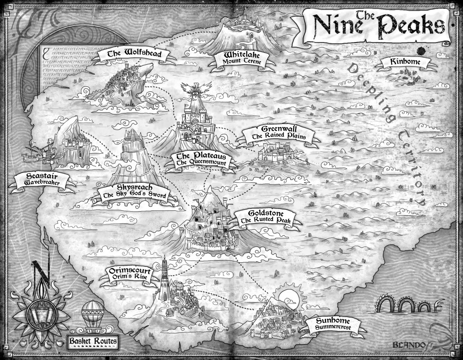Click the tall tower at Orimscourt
point(165,276)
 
